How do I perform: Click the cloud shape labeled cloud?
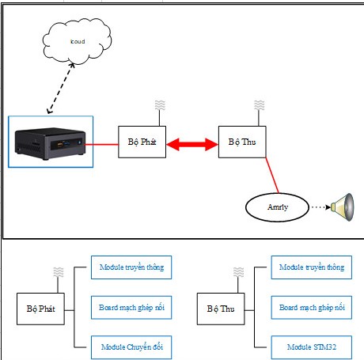point(77,41)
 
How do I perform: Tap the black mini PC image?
point(51,143)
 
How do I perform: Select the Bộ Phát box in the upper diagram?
point(142,142)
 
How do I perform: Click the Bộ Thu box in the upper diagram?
point(242,142)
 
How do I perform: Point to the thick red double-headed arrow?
point(192,144)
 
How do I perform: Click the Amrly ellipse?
point(277,207)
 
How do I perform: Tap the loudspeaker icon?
point(343,207)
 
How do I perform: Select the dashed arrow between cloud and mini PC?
point(61,89)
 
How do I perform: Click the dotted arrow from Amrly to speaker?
point(320,207)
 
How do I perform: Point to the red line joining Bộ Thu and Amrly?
point(272,176)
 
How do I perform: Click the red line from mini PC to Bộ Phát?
point(101,144)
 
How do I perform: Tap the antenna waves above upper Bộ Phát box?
point(160,105)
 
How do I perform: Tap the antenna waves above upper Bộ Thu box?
point(259,105)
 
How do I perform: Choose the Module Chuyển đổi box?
point(131,347)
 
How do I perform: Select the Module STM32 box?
point(312,347)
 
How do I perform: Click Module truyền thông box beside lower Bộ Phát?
point(131,267)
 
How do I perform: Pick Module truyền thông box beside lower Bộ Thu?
point(312,267)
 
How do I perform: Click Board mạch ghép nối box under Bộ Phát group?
point(131,308)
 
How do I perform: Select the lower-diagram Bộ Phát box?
point(40,309)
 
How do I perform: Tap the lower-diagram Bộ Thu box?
point(221,309)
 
